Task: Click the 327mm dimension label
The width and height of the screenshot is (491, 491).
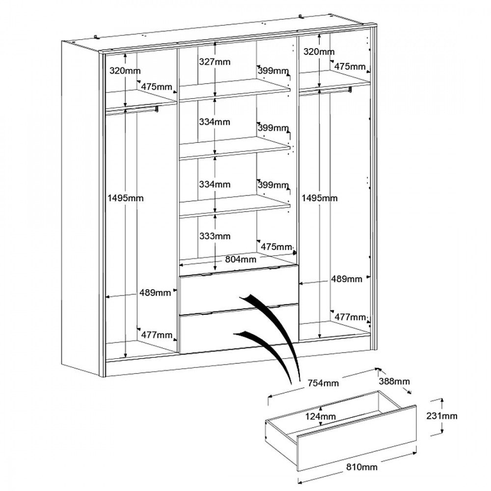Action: click(x=215, y=62)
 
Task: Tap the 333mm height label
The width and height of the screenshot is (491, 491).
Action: click(x=215, y=236)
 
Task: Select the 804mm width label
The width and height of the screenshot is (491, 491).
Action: click(x=241, y=259)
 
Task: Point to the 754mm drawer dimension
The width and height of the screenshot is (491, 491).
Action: click(x=323, y=382)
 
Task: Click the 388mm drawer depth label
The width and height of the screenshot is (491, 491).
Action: click(x=394, y=381)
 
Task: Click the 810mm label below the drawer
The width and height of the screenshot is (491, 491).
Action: click(x=362, y=467)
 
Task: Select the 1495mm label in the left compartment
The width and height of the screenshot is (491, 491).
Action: click(x=125, y=198)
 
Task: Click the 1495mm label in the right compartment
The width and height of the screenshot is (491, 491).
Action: click(x=320, y=198)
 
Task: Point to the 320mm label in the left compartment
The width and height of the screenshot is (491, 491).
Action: click(x=125, y=71)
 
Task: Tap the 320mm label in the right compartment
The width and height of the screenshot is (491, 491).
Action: click(x=319, y=52)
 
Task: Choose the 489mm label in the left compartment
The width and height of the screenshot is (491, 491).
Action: click(x=155, y=293)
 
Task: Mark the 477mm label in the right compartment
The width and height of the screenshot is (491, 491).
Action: click(x=350, y=317)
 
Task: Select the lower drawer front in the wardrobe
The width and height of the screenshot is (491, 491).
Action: click(x=239, y=329)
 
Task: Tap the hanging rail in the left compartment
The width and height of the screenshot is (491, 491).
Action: click(x=132, y=109)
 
